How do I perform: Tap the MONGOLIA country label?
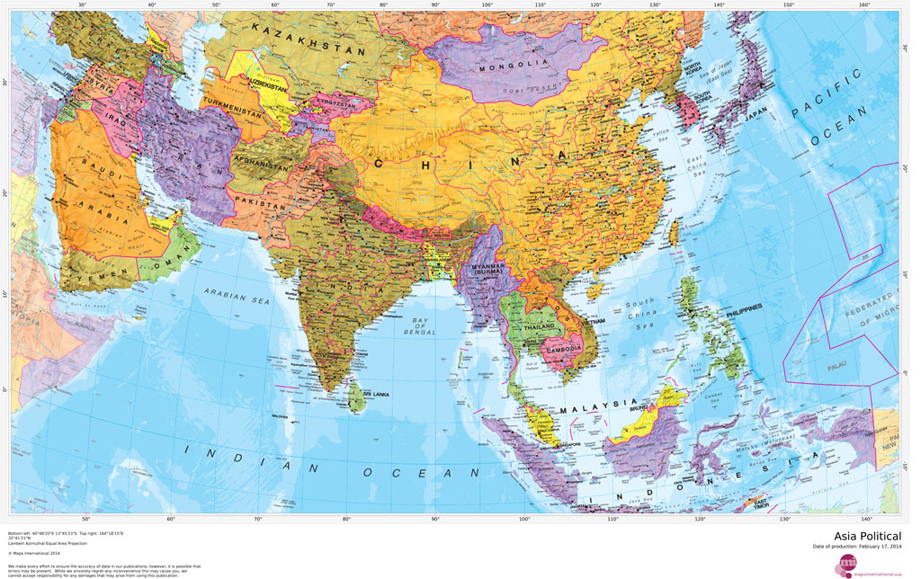[514, 65]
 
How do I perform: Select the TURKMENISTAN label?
[238, 104]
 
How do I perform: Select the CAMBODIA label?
[560, 347]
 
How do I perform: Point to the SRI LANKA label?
[373, 394]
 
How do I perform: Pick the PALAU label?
[835, 367]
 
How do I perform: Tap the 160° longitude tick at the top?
[863, 5]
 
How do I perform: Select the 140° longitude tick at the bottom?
[865, 520]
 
